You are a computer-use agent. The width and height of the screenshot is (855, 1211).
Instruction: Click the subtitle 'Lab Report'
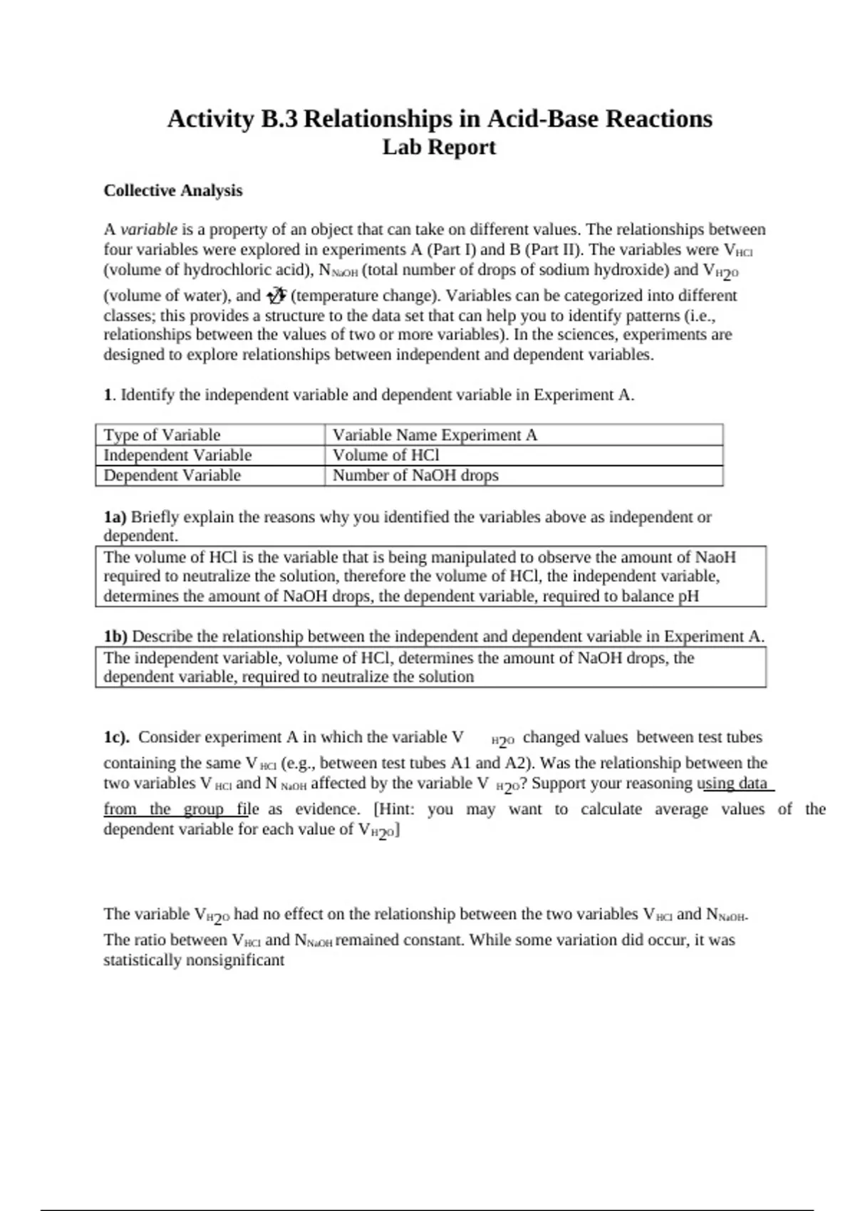click(439, 147)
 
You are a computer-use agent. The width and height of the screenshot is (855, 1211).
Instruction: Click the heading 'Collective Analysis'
click(173, 191)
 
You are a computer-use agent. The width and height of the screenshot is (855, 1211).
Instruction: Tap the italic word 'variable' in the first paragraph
click(149, 229)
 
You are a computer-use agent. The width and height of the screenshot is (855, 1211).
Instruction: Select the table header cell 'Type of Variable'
click(162, 435)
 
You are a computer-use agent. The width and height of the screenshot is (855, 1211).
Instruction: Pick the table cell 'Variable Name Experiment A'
click(435, 435)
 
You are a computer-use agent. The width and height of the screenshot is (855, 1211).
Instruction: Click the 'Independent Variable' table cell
click(178, 455)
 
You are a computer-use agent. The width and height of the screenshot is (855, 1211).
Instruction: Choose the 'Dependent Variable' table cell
click(172, 475)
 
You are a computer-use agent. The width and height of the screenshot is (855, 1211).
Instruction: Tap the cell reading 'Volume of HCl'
click(386, 455)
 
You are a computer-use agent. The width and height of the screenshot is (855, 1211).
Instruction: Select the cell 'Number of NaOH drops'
click(415, 475)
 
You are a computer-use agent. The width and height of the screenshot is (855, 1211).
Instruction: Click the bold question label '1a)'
click(115, 517)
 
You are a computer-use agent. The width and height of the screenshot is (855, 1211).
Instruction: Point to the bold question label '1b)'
click(116, 636)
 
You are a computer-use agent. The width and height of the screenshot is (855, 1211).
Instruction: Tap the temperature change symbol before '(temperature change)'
click(276, 295)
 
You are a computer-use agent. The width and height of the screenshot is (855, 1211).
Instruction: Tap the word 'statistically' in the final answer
click(142, 960)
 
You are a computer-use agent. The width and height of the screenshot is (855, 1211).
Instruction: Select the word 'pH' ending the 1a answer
click(689, 596)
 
